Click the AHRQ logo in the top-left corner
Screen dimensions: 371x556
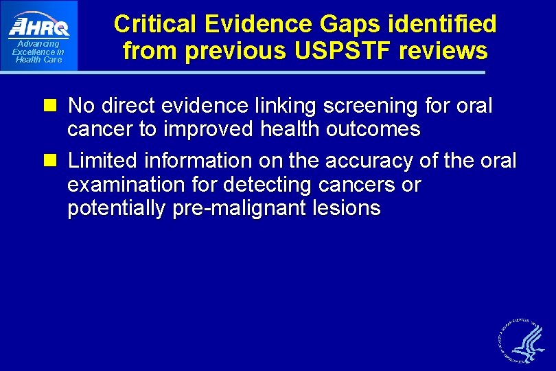click(38, 26)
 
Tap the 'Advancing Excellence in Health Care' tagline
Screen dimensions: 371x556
click(38, 52)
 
